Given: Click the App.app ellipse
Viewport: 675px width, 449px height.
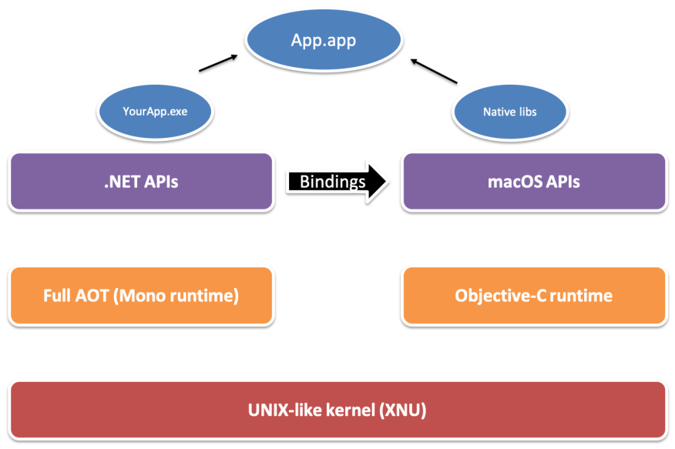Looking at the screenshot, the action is (x=324, y=39).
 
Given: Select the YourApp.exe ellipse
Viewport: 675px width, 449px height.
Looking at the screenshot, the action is (x=155, y=111).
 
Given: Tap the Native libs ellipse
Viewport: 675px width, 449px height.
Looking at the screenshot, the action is (x=510, y=112).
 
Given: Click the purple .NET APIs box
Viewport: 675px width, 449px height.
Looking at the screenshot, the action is (x=142, y=182).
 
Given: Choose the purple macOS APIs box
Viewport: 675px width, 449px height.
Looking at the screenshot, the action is (x=534, y=182).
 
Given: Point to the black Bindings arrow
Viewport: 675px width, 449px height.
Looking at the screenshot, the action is (x=337, y=182).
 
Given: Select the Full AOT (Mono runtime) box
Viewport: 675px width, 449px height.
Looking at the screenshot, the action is (x=142, y=296).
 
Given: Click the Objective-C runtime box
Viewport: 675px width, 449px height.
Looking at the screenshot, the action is (x=534, y=296).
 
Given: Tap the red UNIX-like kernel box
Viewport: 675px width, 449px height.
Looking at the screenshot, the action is (x=338, y=410).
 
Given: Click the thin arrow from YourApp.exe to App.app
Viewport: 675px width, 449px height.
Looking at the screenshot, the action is (x=218, y=63).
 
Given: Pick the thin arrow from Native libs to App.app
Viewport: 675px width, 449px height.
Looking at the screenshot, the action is (x=434, y=71).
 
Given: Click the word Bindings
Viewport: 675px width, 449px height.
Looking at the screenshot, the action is (x=332, y=182).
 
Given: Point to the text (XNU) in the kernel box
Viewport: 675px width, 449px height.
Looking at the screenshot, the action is (x=403, y=410).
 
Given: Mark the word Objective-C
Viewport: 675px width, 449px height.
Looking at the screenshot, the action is (x=500, y=296).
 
